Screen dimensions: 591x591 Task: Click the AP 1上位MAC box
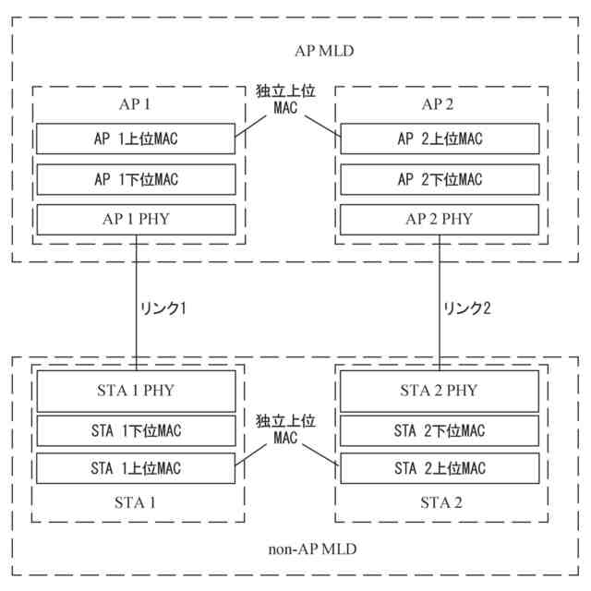(136, 139)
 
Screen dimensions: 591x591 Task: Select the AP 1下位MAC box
(136, 179)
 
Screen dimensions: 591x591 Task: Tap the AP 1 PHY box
(136, 219)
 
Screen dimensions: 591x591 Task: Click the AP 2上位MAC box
(439, 139)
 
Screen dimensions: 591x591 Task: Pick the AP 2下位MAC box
(439, 179)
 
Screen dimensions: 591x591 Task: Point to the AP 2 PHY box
(439, 219)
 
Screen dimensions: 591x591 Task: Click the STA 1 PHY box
(136, 390)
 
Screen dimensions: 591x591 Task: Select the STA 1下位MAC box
(136, 429)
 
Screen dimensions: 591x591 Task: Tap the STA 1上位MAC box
(136, 468)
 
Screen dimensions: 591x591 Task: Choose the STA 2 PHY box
(439, 390)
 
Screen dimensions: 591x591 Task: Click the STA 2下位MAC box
(439, 429)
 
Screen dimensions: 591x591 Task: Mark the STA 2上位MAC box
(439, 468)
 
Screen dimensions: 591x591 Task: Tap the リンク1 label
(162, 307)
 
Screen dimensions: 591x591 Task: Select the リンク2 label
(466, 307)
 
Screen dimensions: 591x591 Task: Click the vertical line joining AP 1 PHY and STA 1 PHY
(136, 277)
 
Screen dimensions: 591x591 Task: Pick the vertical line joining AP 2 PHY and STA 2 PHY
(440, 277)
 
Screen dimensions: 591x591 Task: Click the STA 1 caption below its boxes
(136, 503)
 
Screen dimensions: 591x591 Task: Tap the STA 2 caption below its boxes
(439, 503)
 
